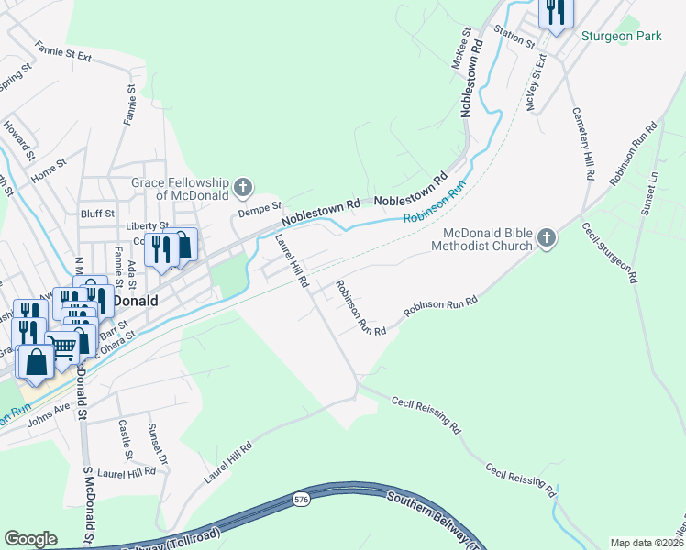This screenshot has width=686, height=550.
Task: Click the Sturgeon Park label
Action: tap(621, 37)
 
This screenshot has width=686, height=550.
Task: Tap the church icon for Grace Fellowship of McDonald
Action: tap(243, 189)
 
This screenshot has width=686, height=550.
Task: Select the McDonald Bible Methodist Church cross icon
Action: tap(546, 239)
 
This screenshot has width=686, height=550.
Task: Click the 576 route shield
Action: tap(301, 500)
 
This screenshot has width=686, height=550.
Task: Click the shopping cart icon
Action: tap(61, 346)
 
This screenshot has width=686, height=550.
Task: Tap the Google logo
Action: tap(31, 539)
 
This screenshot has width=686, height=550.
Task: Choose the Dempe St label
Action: tap(260, 209)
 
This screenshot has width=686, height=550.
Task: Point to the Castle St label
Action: tap(125, 440)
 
